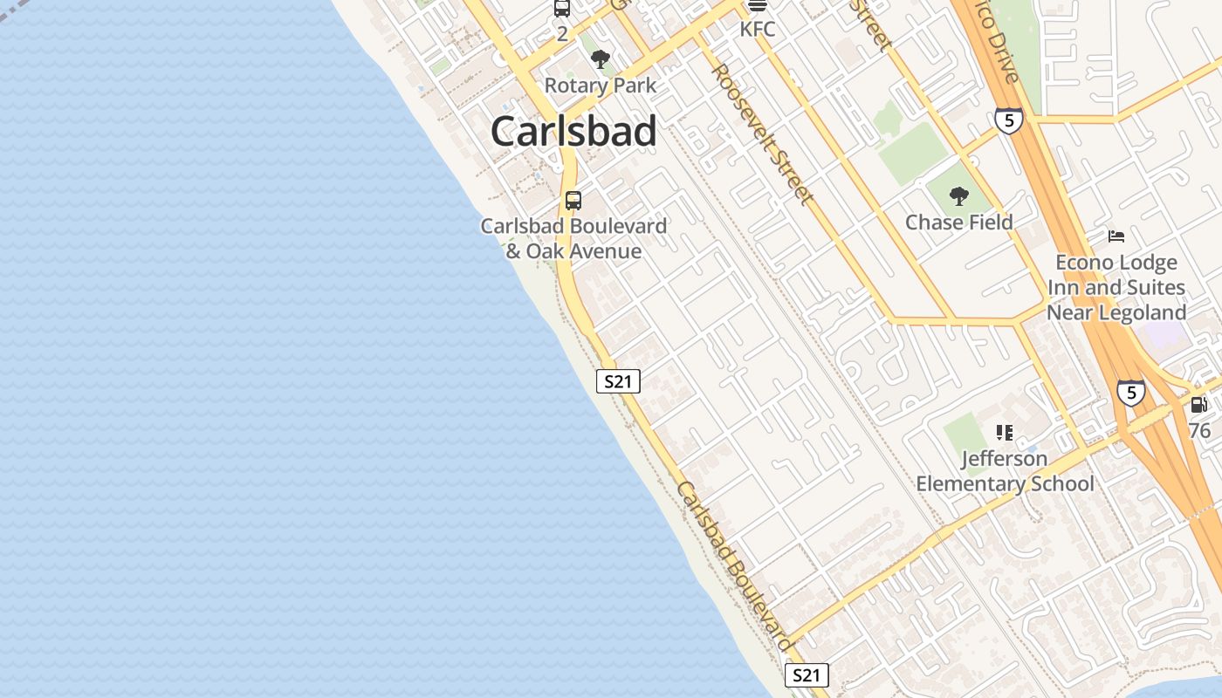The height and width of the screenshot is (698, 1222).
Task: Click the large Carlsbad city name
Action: [573, 132]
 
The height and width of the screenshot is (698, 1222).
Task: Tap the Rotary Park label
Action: [601, 86]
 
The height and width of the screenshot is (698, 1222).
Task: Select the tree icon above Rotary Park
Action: [600, 60]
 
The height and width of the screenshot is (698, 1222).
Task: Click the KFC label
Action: [757, 29]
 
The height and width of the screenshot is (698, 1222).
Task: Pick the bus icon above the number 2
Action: [562, 9]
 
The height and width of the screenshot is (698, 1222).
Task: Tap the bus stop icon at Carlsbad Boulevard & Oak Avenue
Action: [573, 200]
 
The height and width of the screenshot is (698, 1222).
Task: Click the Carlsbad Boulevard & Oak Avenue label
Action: [573, 238]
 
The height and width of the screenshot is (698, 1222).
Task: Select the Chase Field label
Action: [959, 222]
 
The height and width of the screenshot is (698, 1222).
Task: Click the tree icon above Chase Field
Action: [959, 196]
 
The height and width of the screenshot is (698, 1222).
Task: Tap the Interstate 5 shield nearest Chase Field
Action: [1008, 120]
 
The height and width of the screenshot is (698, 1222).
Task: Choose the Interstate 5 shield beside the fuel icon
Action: [1130, 393]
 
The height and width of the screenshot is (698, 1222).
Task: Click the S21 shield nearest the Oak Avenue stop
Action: [618, 381]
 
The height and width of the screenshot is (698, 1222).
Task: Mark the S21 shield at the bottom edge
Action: [806, 675]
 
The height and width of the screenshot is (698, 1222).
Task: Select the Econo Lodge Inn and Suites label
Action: [1116, 287]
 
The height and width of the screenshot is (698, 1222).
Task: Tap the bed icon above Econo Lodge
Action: [1116, 236]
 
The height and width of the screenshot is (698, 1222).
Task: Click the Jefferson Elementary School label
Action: [1005, 471]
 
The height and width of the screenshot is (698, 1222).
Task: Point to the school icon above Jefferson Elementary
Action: [1005, 432]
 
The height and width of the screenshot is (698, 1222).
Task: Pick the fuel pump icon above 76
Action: [1199, 405]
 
